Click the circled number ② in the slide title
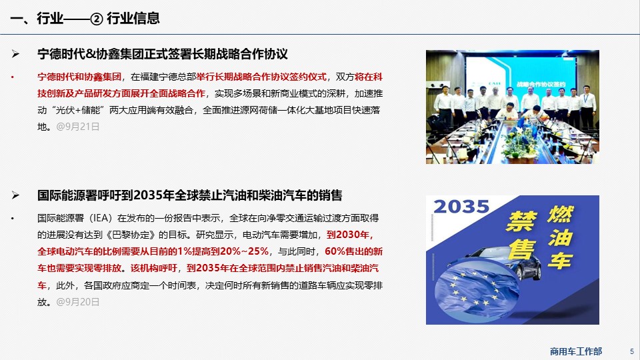coord(96,19)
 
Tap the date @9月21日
coord(78,127)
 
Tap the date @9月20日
coord(78,302)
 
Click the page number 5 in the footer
coord(632,351)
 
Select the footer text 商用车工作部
coord(576,351)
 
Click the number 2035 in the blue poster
coord(461,207)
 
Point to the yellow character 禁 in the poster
coord(521,221)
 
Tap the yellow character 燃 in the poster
coord(561,214)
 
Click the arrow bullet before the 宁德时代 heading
coord(15,54)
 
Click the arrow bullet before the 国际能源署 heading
coord(15,195)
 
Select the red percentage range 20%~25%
coord(244,251)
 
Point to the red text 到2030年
coord(350,235)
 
